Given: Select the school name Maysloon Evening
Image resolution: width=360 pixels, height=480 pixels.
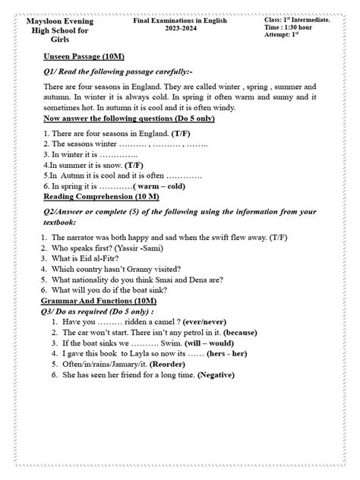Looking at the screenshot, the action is (58, 22).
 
